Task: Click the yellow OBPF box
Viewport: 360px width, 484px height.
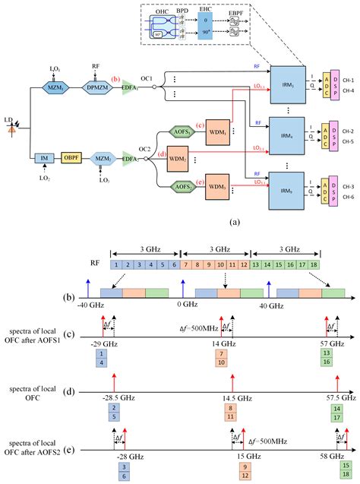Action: point(71,157)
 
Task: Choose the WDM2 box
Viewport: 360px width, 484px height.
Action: point(178,158)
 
